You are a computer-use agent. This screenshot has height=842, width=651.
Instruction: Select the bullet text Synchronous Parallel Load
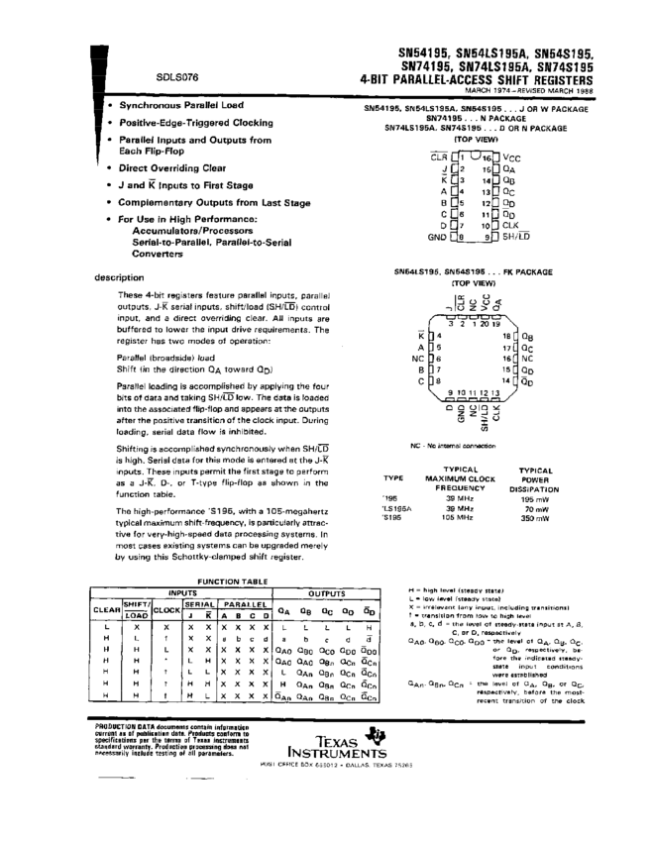click(x=182, y=104)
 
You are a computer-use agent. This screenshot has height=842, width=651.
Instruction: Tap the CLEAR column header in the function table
click(x=106, y=610)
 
